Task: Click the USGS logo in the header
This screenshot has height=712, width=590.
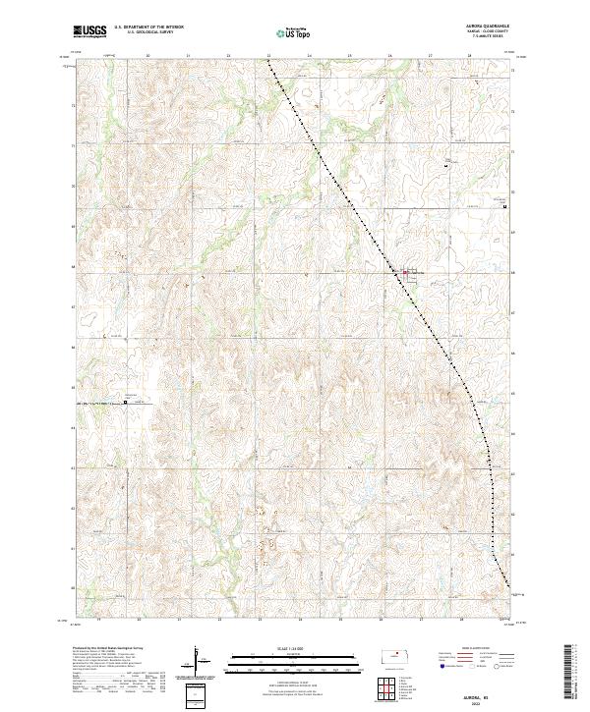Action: (x=89, y=31)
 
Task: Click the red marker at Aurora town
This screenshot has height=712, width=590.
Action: (x=405, y=272)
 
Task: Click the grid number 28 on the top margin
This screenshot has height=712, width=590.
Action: (x=470, y=56)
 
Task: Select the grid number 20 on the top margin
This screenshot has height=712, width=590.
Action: (x=147, y=56)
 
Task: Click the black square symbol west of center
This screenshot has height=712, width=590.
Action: (x=125, y=401)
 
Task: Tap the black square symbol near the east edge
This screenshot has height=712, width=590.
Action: (x=504, y=206)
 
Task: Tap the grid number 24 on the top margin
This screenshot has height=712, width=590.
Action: (x=309, y=56)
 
